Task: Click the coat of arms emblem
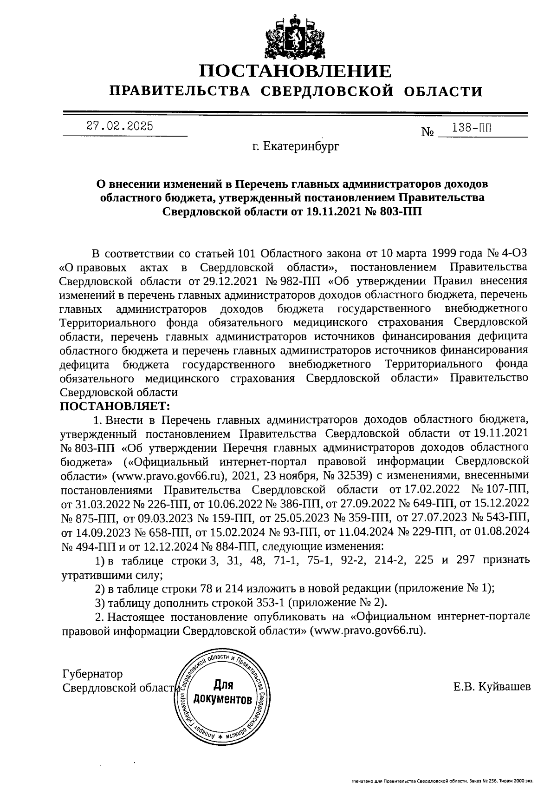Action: click(296, 37)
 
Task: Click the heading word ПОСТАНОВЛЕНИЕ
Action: click(296, 71)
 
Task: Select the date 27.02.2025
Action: click(119, 126)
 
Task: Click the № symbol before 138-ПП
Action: click(427, 132)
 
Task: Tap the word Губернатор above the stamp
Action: click(92, 674)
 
